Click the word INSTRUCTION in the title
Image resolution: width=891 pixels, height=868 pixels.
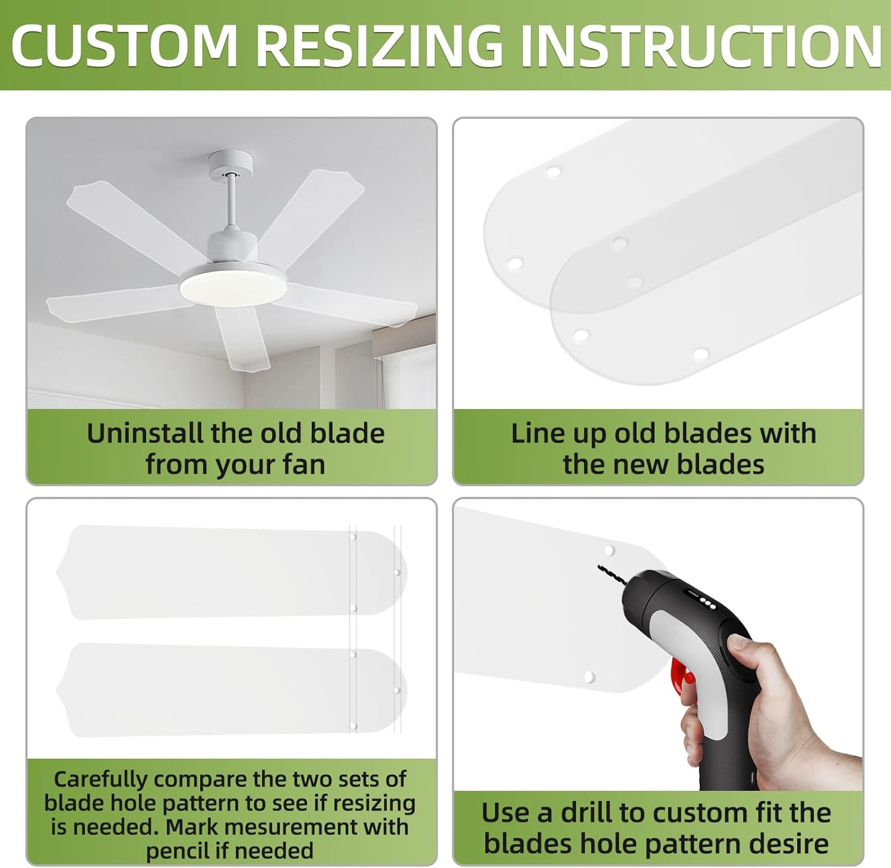pyautogui.click(x=701, y=46)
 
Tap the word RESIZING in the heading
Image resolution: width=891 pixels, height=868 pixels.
pyautogui.click(x=380, y=46)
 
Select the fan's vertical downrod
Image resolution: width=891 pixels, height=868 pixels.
pyautogui.click(x=230, y=202)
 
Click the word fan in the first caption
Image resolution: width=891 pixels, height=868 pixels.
pyautogui.click(x=304, y=464)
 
